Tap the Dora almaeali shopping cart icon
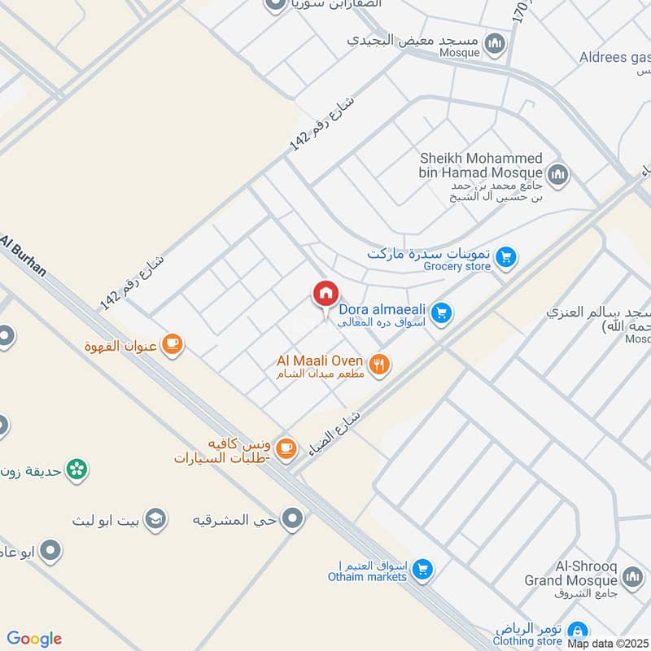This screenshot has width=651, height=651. pos(441,312)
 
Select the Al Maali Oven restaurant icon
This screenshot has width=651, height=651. pos(378,365)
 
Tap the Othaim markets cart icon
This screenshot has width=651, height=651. pos(422,569)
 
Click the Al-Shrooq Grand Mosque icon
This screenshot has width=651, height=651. pos(631,577)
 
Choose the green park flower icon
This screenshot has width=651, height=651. pos(77,470)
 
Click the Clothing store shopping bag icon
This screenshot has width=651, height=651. pos(577,631)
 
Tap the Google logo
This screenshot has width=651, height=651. pos(34,639)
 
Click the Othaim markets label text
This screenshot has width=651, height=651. pos(367,577)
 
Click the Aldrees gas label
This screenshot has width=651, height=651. pos(614,57)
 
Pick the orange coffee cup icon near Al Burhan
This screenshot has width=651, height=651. pos(172,345)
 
